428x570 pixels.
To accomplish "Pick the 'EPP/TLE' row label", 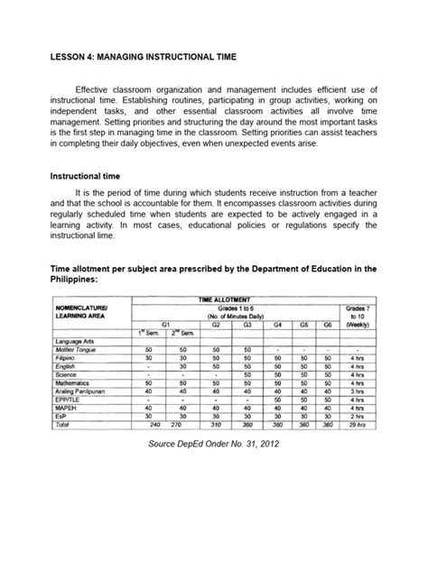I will (69, 400).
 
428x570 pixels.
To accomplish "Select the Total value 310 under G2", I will (216, 425).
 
